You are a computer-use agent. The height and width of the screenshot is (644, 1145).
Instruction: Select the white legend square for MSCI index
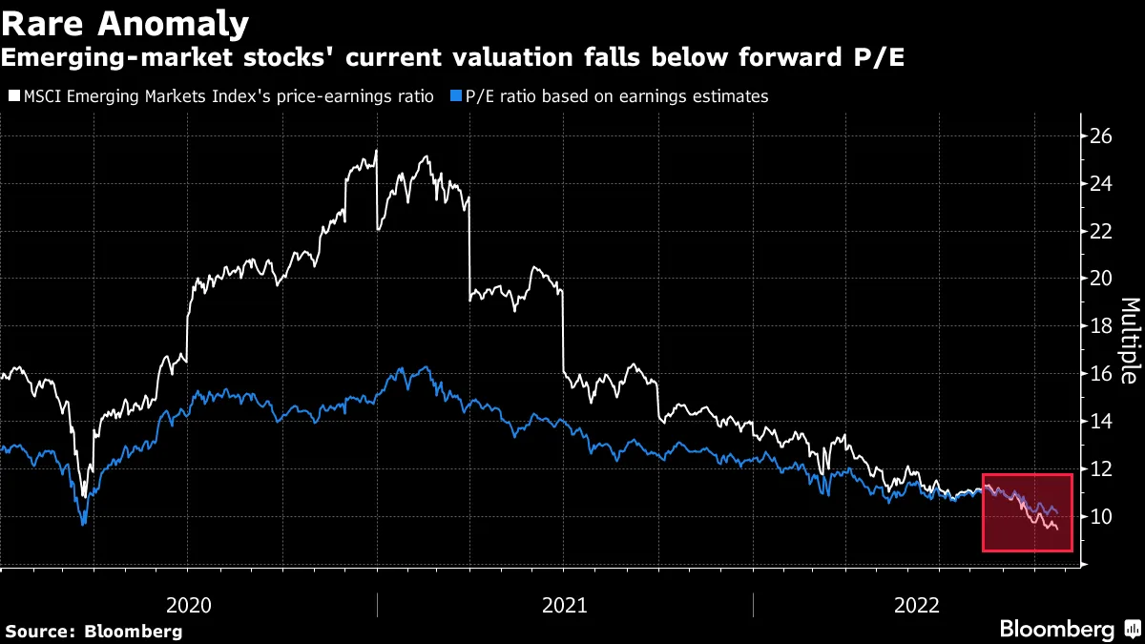[x=12, y=96]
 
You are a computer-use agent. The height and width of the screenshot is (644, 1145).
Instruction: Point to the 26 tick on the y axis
[x=1100, y=136]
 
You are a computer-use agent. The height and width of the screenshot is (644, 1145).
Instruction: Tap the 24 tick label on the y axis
[x=1100, y=184]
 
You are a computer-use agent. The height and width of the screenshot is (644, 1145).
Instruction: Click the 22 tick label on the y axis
[x=1100, y=232]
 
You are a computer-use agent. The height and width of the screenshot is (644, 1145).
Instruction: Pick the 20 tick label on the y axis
[x=1100, y=279]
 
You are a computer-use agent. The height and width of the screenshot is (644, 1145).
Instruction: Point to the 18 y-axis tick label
[x=1100, y=326]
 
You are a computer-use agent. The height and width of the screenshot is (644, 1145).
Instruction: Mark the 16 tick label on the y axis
[x=1100, y=374]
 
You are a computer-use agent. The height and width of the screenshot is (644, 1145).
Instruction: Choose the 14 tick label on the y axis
[x=1100, y=422]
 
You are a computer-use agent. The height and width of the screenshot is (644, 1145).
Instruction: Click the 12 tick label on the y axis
[x=1100, y=469]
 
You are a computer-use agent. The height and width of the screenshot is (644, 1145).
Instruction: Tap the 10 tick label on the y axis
[x=1100, y=517]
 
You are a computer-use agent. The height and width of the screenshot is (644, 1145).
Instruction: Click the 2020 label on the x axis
[x=189, y=605]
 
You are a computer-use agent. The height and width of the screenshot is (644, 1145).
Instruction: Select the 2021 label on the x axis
[x=565, y=605]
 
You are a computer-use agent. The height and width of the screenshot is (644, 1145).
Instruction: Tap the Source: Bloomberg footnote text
[x=94, y=631]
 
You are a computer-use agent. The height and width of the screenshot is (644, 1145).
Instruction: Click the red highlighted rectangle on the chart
[x=1028, y=512]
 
